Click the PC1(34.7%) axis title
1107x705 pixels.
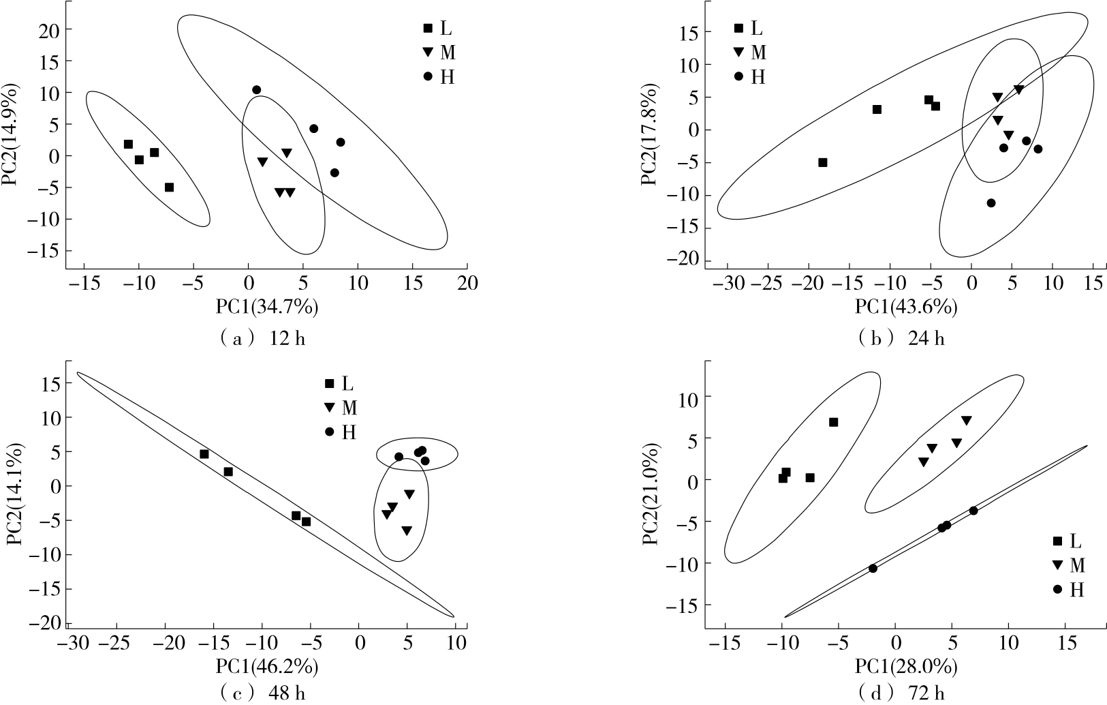click(x=267, y=307)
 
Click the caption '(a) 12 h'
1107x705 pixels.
click(x=262, y=339)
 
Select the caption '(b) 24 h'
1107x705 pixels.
click(x=902, y=338)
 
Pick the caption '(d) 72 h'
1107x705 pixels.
click(x=903, y=695)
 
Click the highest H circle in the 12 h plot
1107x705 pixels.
click(x=256, y=90)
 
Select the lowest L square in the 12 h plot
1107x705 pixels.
click(x=170, y=187)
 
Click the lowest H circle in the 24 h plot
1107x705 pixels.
click(x=991, y=203)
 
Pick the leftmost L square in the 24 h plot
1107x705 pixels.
click(x=823, y=162)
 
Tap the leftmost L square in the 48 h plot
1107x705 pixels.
click(x=204, y=454)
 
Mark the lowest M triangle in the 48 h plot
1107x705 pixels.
click(x=406, y=530)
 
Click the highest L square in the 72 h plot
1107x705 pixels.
click(x=833, y=423)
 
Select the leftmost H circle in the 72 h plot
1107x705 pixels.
click(x=873, y=569)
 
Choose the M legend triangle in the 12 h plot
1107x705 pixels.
click(x=428, y=52)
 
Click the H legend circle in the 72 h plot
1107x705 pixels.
click(x=1057, y=589)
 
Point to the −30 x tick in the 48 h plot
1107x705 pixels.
click(x=69, y=643)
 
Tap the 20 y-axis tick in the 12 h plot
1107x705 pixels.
click(x=53, y=30)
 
